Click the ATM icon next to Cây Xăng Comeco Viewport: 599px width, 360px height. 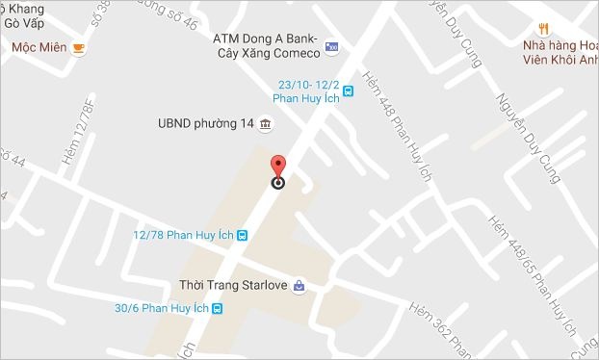click(x=332, y=45)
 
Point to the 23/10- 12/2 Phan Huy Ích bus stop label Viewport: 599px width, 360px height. click(x=308, y=90)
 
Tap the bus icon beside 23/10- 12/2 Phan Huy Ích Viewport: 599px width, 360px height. click(x=349, y=91)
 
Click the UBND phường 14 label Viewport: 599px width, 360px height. click(x=205, y=124)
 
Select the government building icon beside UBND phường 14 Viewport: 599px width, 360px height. click(x=265, y=125)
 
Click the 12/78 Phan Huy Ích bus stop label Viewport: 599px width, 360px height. click(x=184, y=234)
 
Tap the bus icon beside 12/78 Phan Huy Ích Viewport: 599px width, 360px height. click(x=243, y=234)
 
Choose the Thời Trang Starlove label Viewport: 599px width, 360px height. click(x=234, y=285)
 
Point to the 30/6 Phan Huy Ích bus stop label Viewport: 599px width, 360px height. click(x=161, y=308)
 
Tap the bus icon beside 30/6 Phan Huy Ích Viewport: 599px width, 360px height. click(x=219, y=309)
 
